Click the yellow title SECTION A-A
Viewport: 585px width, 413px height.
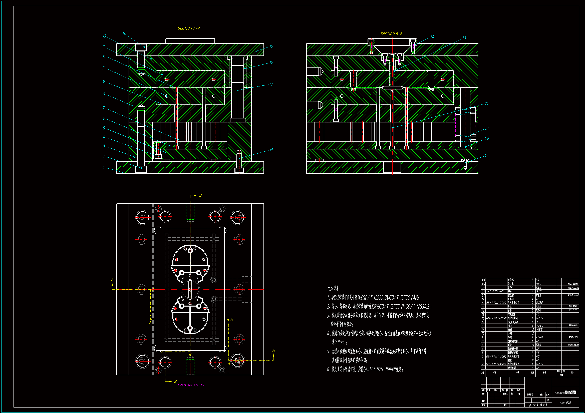[189, 28]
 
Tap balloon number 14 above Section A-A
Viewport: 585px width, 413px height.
[124, 33]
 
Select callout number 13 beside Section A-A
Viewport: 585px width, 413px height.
[104, 36]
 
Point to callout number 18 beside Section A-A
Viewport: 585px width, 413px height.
[271, 150]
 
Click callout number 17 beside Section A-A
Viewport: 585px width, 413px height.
[271, 84]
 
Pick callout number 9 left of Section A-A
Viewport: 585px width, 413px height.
[104, 81]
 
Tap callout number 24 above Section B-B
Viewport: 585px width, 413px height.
[432, 37]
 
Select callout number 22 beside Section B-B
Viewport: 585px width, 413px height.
[487, 103]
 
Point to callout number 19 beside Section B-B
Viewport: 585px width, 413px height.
[486, 155]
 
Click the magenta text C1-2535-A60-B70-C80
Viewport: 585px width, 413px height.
[190, 385]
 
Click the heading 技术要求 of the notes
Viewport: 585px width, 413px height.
[333, 288]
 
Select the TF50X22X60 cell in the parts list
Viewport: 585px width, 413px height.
[495, 291]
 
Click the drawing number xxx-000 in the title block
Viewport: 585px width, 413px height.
[565, 403]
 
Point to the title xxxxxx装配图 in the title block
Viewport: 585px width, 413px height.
[565, 393]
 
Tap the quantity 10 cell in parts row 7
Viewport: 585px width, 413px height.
[533, 345]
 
